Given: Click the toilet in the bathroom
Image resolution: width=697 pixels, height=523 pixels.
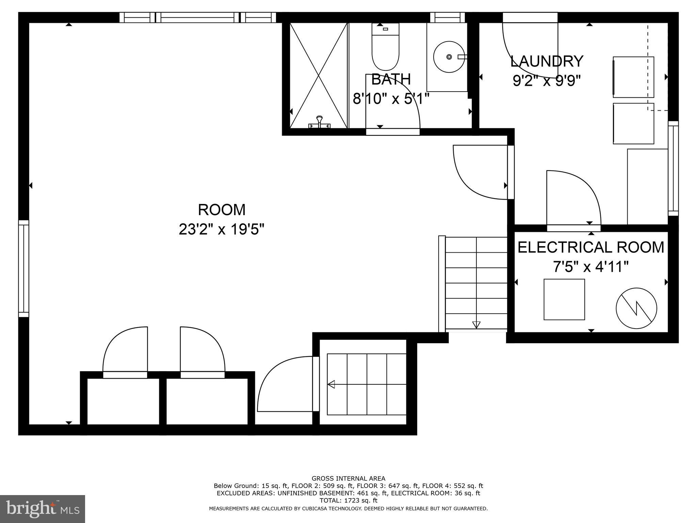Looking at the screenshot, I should pyautogui.click(x=385, y=48).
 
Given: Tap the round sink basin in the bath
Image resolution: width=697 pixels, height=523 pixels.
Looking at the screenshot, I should pyautogui.click(x=449, y=57).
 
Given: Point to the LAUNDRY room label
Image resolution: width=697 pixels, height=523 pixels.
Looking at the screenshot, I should pyautogui.click(x=547, y=61).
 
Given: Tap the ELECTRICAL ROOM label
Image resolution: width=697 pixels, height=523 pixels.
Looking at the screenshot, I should pyautogui.click(x=591, y=247).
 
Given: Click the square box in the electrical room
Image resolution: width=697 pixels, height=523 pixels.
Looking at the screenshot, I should pyautogui.click(x=564, y=299).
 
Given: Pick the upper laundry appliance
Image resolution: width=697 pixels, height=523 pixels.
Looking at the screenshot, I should pyautogui.click(x=633, y=77).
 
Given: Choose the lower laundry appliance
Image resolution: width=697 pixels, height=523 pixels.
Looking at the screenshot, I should pyautogui.click(x=633, y=124).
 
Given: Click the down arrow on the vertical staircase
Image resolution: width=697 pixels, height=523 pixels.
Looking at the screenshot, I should pyautogui.click(x=476, y=324).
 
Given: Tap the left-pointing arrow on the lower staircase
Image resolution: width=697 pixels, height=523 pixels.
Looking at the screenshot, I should pyautogui.click(x=331, y=384).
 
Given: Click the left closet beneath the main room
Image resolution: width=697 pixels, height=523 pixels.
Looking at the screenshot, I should pyautogui.click(x=123, y=401).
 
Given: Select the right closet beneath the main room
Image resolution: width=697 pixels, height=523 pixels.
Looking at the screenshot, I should pyautogui.click(x=207, y=401).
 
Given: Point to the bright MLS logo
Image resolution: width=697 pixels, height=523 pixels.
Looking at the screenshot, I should pyautogui.click(x=43, y=509).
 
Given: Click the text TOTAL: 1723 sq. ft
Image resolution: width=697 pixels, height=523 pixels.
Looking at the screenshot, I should pyautogui.click(x=348, y=501).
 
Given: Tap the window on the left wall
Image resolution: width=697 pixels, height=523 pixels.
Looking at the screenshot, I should pyautogui.click(x=23, y=268).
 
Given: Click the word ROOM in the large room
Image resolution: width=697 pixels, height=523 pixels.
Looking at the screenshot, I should pyautogui.click(x=222, y=210).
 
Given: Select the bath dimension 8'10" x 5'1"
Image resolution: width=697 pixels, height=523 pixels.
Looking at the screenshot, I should pyautogui.click(x=391, y=99).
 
